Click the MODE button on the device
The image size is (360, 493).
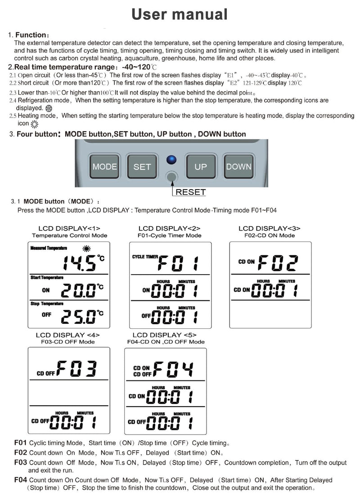coord(104,167)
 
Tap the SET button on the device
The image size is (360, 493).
coord(142,167)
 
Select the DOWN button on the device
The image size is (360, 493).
coord(238,167)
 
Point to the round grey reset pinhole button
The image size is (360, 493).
coord(171,177)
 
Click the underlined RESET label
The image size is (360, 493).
coord(190,192)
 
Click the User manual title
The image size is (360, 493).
coord(180,14)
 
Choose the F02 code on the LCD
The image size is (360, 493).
coord(279,262)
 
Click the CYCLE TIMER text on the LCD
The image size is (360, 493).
coord(145,257)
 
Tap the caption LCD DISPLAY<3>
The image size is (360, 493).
coord(270,229)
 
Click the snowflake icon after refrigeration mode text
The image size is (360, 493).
coord(49,109)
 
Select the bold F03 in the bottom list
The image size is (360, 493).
coord(21,462)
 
